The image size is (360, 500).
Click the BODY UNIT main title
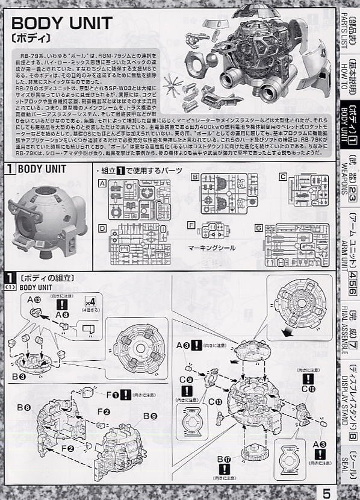[62, 23]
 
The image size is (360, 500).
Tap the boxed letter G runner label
[258, 228]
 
